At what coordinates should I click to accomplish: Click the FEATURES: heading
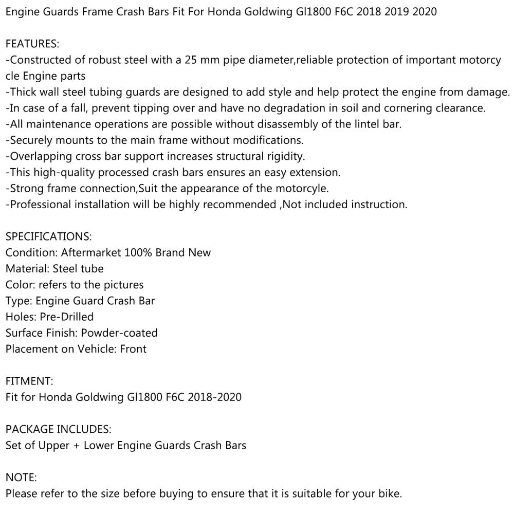tap(32, 44)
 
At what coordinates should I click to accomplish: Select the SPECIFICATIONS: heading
tap(48, 236)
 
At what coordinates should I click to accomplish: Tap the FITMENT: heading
tap(29, 381)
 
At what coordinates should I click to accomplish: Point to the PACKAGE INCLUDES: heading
tap(58, 429)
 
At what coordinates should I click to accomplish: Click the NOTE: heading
tap(21, 477)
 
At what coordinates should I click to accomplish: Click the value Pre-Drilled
tap(66, 317)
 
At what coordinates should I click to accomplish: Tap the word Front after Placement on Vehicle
tap(133, 349)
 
